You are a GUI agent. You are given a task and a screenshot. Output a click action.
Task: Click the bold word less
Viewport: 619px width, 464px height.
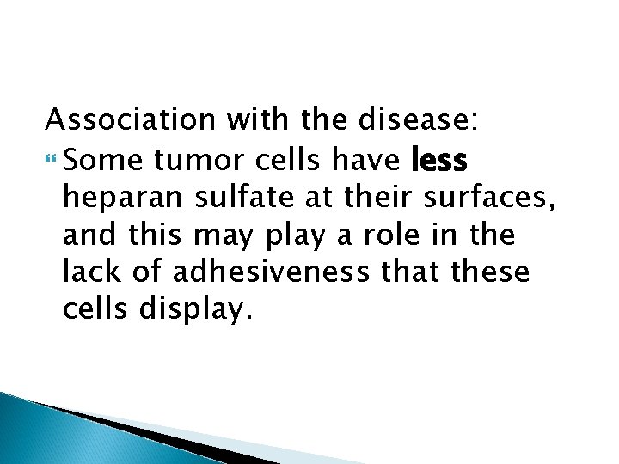[x=438, y=159]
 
